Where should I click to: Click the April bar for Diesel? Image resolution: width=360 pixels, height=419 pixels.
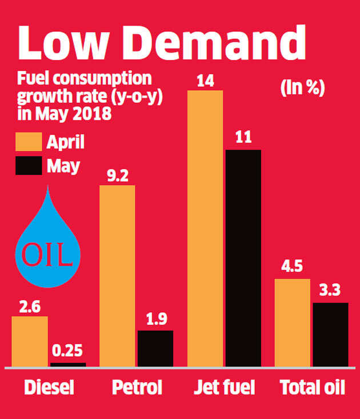pyautogui.click(x=30, y=341)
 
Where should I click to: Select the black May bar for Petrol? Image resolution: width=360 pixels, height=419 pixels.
pyautogui.click(x=155, y=348)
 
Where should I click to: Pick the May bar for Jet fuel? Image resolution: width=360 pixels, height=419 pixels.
pyautogui.click(x=243, y=258)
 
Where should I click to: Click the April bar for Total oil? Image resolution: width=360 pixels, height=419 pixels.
pyautogui.click(x=293, y=323)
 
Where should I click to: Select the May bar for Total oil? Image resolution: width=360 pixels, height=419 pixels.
pyautogui.click(x=330, y=335)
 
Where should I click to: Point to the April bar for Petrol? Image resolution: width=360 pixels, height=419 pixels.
pyautogui.click(x=117, y=276)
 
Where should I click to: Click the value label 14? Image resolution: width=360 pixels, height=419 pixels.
pyautogui.click(x=205, y=80)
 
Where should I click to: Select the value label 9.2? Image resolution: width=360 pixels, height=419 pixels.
pyautogui.click(x=117, y=175)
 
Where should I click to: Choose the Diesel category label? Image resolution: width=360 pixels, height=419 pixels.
pyautogui.click(x=50, y=389)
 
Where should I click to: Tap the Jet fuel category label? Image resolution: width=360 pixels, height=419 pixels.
pyautogui.click(x=225, y=389)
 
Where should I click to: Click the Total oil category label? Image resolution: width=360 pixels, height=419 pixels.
pyautogui.click(x=313, y=389)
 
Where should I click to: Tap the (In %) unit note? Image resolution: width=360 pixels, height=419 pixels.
pyautogui.click(x=302, y=89)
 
